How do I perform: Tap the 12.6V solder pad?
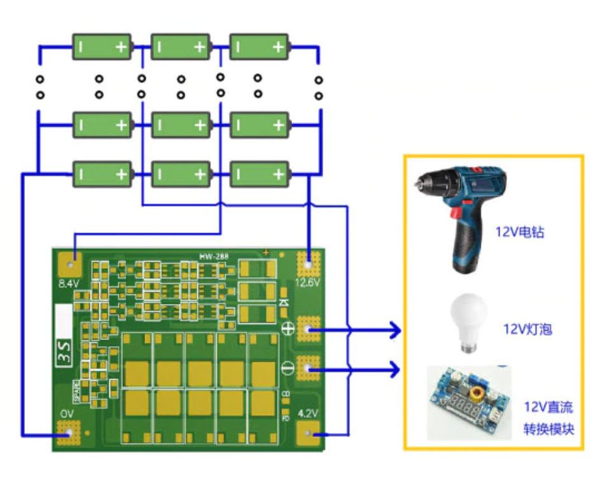[309, 261]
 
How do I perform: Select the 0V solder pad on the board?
[66, 434]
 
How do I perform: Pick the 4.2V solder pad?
[309, 434]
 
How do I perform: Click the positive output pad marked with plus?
[309, 329]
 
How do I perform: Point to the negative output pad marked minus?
[309, 368]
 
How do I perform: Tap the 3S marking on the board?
[65, 352]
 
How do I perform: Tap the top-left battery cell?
[102, 47]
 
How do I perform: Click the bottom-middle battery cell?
[181, 174]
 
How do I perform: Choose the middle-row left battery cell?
[102, 125]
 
